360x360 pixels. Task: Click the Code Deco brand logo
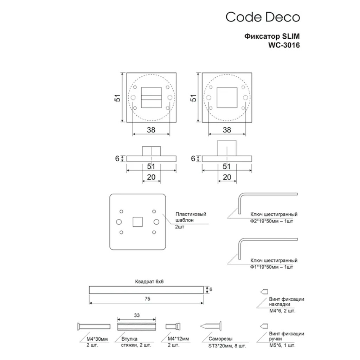coord(263,17)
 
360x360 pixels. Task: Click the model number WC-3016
coord(284,45)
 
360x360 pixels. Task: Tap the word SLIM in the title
coord(291,36)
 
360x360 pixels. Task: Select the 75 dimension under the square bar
coord(147,299)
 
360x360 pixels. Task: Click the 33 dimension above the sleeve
coord(137,315)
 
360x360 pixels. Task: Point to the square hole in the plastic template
coord(137,222)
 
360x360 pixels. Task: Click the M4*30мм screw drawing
coord(94,327)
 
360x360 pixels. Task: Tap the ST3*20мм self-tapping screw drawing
coord(211,326)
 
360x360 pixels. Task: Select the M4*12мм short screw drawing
coord(173,327)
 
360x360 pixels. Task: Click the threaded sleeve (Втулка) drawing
coord(137,327)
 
